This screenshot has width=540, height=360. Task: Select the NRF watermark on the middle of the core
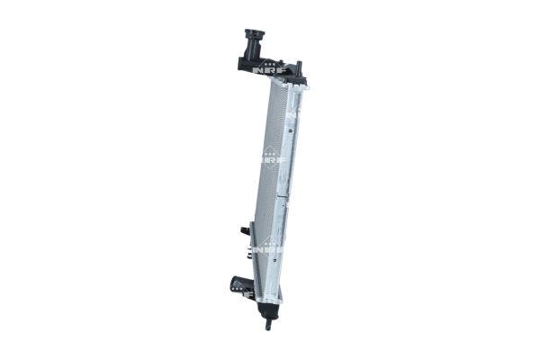point(270,160)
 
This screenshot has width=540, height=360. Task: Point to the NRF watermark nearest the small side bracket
point(268,244)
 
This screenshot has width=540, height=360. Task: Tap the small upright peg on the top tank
point(300,67)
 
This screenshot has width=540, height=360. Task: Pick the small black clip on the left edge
point(244,230)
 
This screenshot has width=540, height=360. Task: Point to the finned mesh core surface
point(269,135)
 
